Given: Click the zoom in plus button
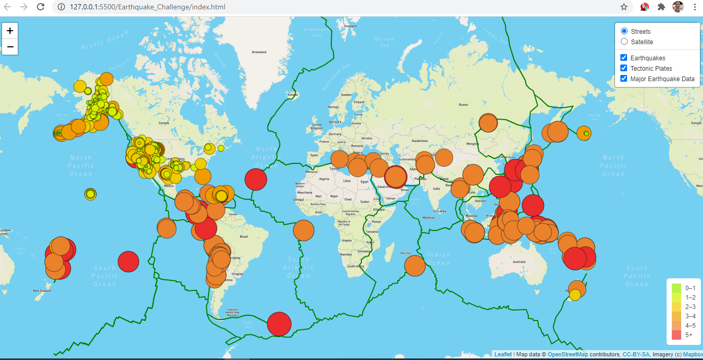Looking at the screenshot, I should pos(10,31).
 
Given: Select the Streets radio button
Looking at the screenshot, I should pos(624,31).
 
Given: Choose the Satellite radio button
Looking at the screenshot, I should pos(624,42).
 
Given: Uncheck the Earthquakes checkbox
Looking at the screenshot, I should pos(624,58).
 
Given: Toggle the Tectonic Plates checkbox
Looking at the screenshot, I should pos(624,68).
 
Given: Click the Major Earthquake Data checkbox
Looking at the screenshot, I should pos(624,79).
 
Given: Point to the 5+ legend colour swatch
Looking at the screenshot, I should pos(676,335).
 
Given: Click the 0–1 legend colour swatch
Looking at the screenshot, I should pos(676,288).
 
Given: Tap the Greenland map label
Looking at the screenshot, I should pos(259,52).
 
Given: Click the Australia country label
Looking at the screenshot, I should pos(519,262).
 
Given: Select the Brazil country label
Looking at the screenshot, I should pos(243,237).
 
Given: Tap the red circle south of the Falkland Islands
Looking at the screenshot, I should pos(279,324).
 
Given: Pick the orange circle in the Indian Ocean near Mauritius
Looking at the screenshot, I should pos(415,266).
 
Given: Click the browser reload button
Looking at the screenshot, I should pos(41,7).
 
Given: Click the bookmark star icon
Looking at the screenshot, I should pos(624,7).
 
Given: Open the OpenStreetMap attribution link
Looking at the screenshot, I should pos(567,354).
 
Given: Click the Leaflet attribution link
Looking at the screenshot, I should pos(503,354).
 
